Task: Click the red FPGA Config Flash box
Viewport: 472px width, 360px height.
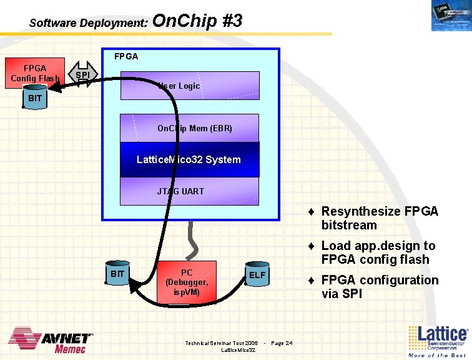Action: coord(34,72)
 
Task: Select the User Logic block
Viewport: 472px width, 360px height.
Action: coord(189,86)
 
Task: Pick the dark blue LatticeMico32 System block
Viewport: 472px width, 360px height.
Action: coord(189,159)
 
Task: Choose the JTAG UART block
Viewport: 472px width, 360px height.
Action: coord(189,191)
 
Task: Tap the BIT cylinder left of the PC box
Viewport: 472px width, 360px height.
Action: coord(117,274)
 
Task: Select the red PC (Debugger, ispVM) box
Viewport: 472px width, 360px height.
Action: coord(187,282)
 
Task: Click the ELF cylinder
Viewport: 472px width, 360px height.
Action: coord(257,275)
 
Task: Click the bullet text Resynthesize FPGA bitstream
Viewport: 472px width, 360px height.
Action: coord(380,218)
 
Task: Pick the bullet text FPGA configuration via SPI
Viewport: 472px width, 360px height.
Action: coord(380,287)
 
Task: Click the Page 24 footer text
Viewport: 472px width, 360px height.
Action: coord(282,342)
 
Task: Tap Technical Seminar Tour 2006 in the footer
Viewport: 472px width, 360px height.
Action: coord(221,342)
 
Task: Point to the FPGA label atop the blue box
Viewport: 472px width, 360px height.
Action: coord(126,56)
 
